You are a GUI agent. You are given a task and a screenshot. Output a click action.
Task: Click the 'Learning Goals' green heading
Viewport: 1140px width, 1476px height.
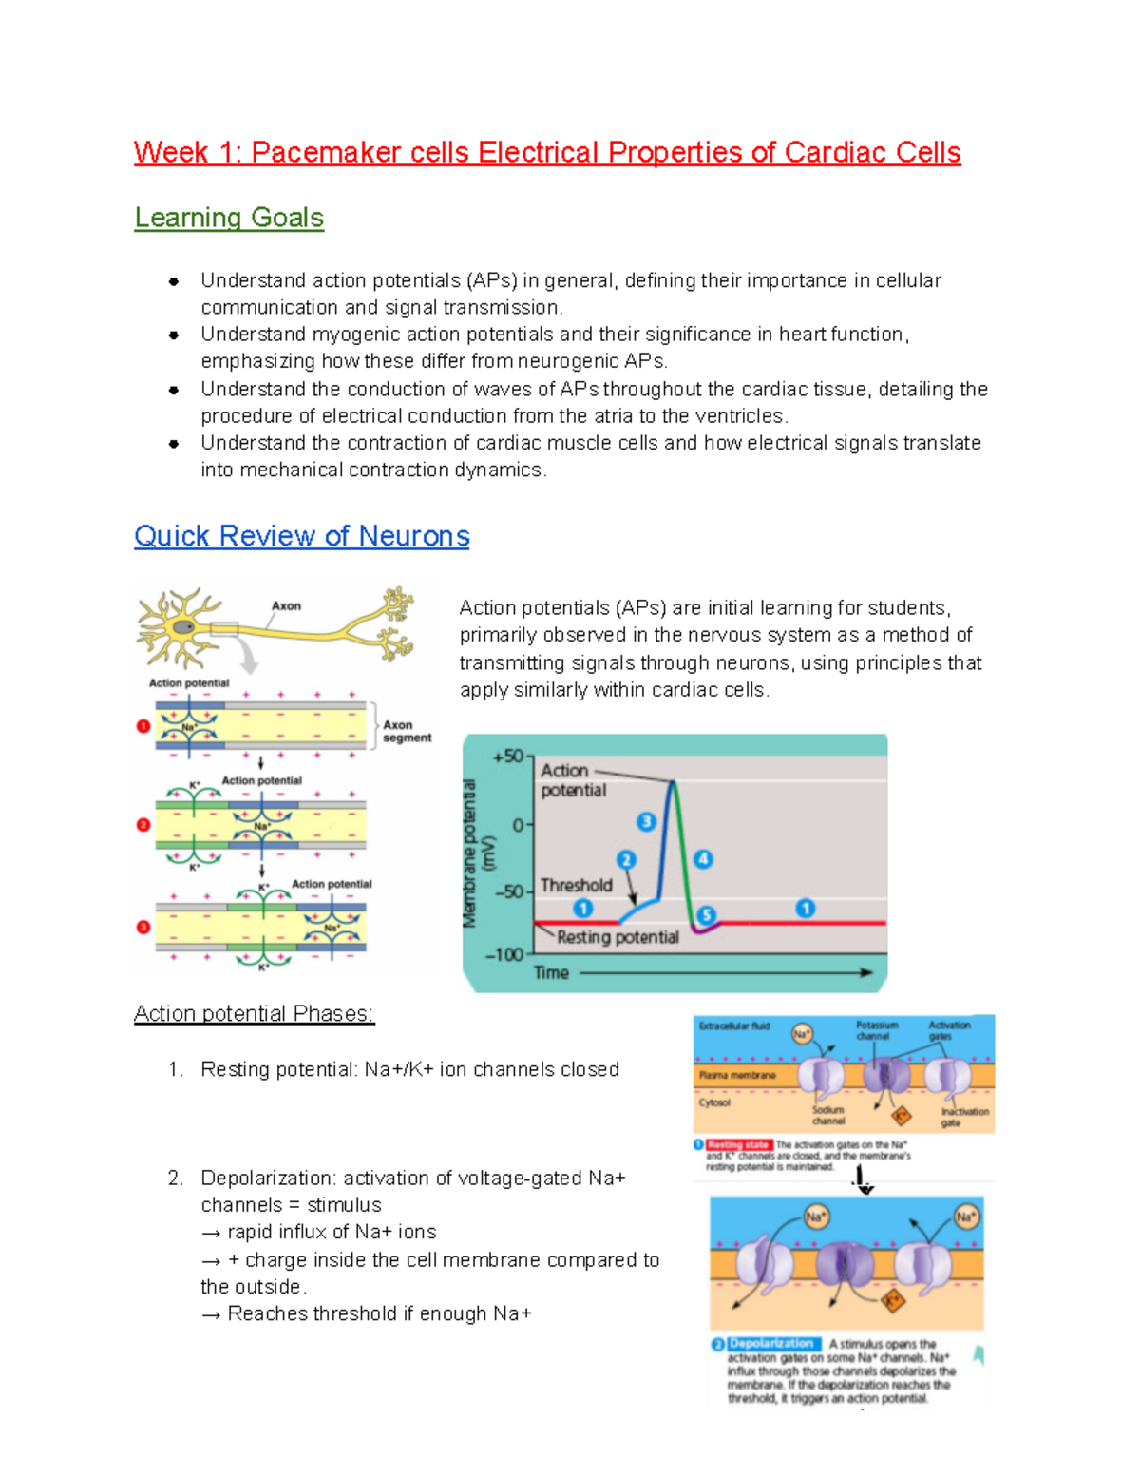tap(229, 218)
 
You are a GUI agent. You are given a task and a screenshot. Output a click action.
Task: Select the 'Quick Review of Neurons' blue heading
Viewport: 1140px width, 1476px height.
tap(301, 536)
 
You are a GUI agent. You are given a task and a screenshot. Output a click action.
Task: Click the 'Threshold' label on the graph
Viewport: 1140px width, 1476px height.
tap(576, 885)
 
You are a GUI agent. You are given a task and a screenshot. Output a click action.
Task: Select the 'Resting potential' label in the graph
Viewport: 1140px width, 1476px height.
tap(617, 937)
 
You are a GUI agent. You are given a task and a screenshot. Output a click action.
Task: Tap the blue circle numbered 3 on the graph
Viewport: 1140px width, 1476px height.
tap(646, 821)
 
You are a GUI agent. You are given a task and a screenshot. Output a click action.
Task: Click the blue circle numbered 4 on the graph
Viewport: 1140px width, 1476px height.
tap(702, 859)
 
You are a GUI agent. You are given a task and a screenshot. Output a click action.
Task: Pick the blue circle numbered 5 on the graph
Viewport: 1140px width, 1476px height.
tap(706, 914)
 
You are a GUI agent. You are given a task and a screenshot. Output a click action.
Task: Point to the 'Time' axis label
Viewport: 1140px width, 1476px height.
tap(551, 972)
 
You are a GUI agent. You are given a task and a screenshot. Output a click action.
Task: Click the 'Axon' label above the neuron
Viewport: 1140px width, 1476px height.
tap(286, 605)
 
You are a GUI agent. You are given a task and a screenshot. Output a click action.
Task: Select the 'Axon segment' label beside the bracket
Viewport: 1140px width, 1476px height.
tap(407, 731)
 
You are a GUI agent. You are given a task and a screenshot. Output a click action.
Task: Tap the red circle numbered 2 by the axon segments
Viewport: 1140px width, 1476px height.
tap(143, 825)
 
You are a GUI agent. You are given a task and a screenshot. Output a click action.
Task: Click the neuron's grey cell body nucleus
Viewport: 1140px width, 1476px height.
tap(183, 627)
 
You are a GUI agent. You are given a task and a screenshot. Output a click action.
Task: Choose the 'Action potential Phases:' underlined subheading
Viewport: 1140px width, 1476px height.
tap(254, 1014)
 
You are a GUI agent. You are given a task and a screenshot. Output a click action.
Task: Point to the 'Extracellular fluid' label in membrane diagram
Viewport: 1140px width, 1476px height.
tap(734, 1026)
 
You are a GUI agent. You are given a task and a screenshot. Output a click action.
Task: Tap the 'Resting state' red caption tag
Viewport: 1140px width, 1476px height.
tap(737, 1145)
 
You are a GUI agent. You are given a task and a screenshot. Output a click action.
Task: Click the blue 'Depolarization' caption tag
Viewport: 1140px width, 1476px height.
tap(770, 1344)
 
